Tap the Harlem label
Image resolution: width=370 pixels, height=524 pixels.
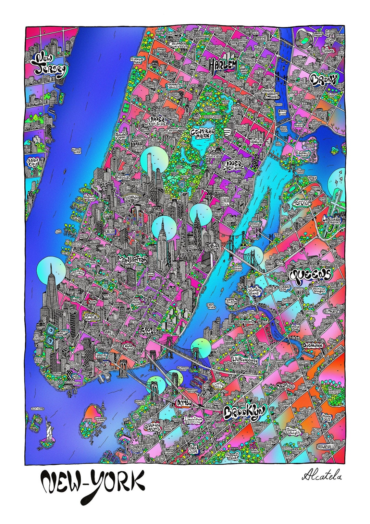tap(223, 64)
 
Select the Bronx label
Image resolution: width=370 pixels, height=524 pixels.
tap(324, 79)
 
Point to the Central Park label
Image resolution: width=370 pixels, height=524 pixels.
tap(203, 133)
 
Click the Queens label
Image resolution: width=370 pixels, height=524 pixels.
tap(311, 274)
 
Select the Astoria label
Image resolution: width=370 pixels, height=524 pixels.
tap(301, 203)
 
